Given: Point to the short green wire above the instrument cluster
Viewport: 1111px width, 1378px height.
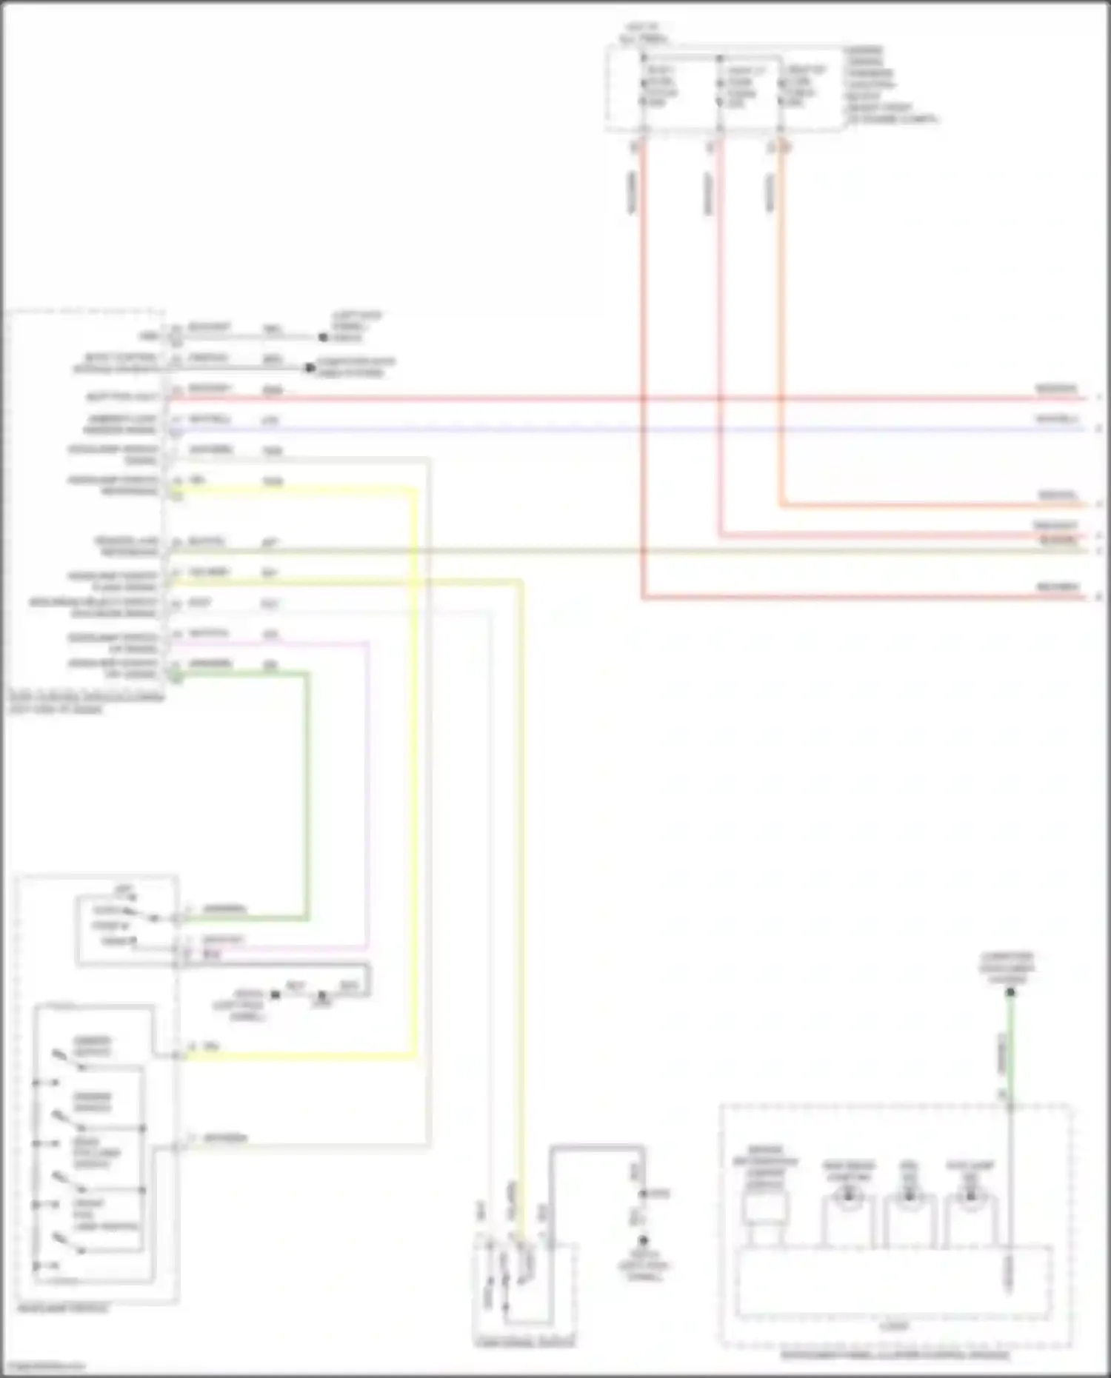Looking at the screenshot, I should [1010, 1051].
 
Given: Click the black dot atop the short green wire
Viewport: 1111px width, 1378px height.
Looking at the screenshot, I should [1010, 992].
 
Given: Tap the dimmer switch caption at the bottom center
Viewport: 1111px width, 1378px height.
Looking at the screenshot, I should [524, 1342].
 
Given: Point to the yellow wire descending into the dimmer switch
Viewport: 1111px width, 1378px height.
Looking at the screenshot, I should [521, 889].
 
